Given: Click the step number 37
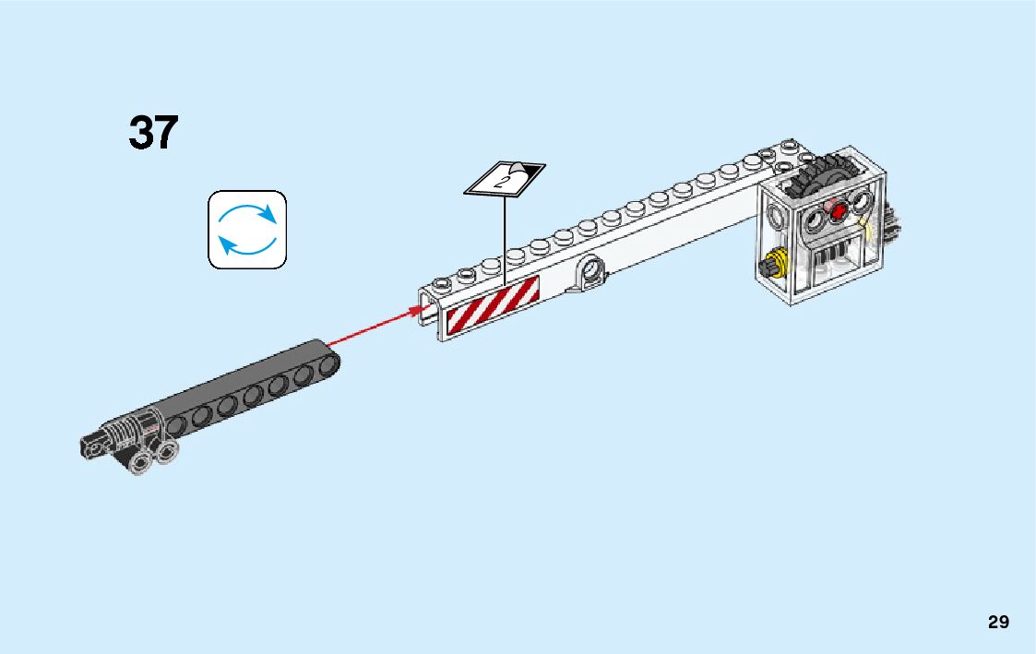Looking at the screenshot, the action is coord(153,133).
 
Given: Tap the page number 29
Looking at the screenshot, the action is coord(998,622).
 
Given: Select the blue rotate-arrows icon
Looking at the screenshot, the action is coord(247,230).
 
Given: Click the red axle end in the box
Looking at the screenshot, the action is coord(839,211).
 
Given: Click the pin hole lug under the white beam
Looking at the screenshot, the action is coord(590,271).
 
